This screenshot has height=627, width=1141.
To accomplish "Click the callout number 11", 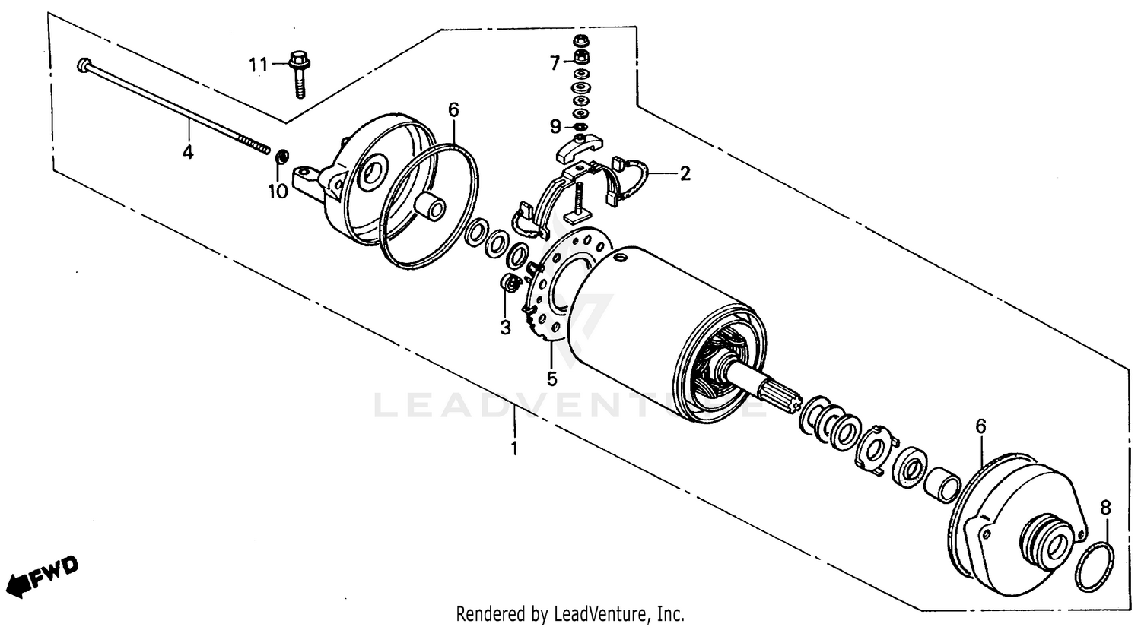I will tap(258, 65).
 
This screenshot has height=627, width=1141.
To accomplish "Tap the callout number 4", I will tap(187, 152).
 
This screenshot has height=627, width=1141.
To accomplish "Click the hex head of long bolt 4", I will tap(83, 65).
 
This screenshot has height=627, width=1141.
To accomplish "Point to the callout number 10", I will tap(278, 191).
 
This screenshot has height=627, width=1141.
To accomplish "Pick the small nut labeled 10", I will tap(281, 157).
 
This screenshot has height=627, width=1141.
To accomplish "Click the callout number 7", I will tap(555, 63).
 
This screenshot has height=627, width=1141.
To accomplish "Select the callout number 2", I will tap(685, 174).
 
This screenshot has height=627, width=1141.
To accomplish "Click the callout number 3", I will tap(505, 328).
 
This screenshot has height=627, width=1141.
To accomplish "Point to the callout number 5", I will tap(551, 377).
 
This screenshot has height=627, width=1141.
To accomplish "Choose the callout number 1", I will tap(514, 448).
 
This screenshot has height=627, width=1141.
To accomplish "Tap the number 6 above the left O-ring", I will tap(453, 110).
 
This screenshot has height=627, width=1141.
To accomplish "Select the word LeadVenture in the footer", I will tap(603, 613).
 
